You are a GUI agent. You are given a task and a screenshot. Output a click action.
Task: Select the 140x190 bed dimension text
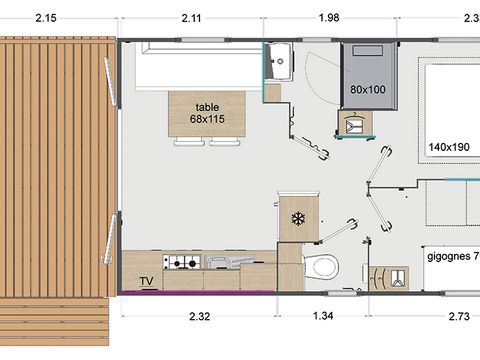(449, 147)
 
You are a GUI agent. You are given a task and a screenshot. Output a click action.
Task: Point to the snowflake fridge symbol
(296, 219)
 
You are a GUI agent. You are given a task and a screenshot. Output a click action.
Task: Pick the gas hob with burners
(184, 263)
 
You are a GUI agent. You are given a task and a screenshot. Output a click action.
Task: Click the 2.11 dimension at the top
(194, 17)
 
